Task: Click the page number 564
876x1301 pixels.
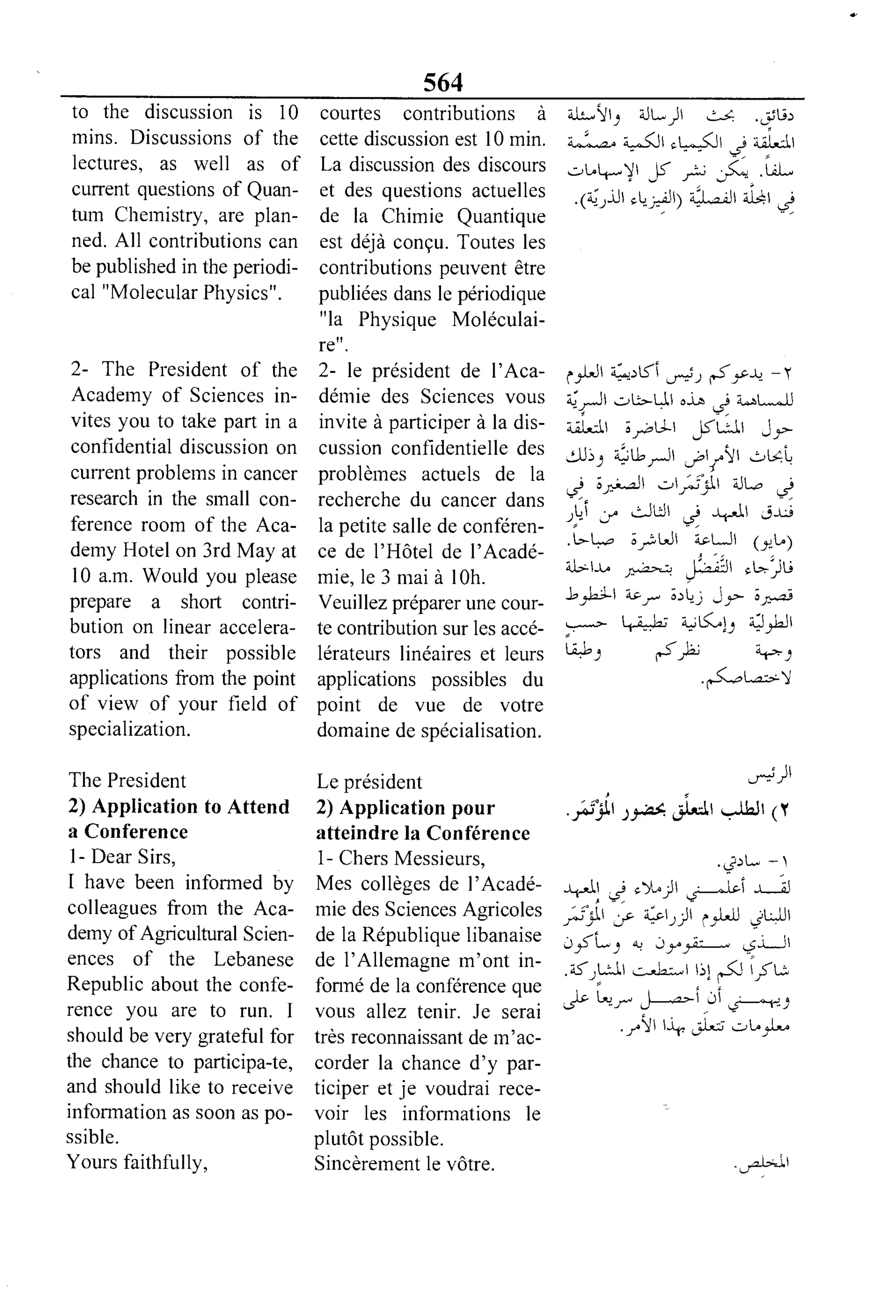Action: tap(443, 83)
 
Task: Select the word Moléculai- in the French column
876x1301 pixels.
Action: tap(498, 319)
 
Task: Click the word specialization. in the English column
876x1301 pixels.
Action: tap(130, 729)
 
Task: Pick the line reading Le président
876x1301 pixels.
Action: tap(369, 781)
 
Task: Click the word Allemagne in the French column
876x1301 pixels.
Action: tap(385, 960)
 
